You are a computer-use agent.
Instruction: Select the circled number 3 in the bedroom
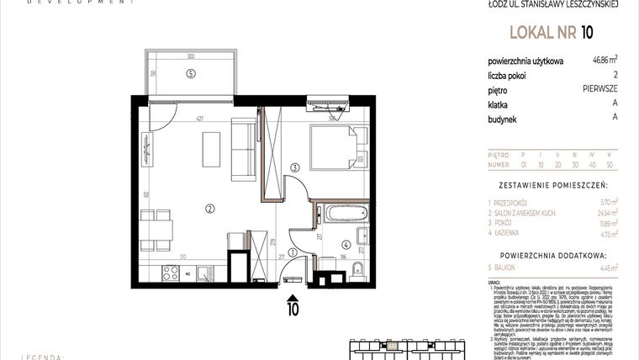coord(294,168)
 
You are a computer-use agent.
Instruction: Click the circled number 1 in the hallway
coord(292,251)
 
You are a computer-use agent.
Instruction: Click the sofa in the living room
coord(244,151)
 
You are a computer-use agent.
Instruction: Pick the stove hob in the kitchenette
coord(170,272)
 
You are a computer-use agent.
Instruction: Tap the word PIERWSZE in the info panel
coord(599,88)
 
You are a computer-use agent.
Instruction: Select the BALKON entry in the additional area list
coord(510,267)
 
